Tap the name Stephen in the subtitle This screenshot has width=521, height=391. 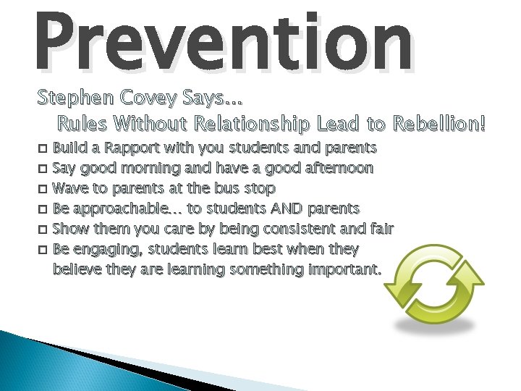click(65, 96)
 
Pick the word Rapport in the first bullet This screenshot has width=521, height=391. click(135, 148)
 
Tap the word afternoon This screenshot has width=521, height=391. click(336, 169)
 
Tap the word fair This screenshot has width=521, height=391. click(381, 230)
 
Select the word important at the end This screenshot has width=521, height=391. click(344, 270)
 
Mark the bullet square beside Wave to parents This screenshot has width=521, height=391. click(42, 190)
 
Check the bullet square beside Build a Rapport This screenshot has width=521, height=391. click(42, 149)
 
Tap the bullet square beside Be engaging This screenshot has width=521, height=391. click(42, 251)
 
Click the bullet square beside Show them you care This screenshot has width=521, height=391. click(42, 230)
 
